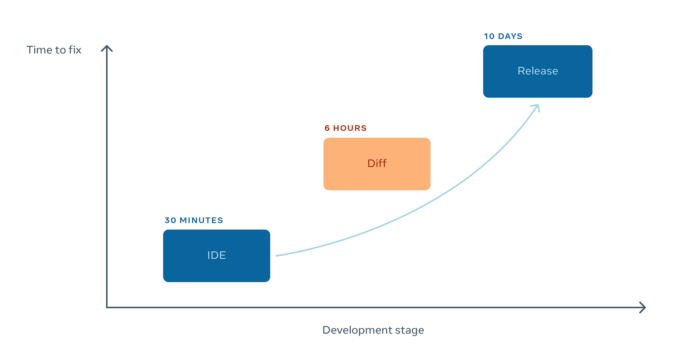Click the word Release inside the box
tap(537, 71)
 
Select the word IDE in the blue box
tap(216, 255)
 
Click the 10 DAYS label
tap(503, 36)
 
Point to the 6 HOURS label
tap(345, 128)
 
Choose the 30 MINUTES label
tap(194, 220)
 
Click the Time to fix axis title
tap(54, 50)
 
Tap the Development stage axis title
tap(373, 330)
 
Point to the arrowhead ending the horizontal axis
tap(643, 307)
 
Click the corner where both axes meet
tap(107, 307)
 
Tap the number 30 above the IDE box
tap(170, 220)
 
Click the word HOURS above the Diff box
tap(350, 128)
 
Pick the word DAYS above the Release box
tap(510, 36)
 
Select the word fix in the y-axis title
tap(75, 50)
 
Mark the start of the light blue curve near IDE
tap(277, 256)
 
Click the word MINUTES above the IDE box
tap(201, 220)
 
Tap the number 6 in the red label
tap(327, 128)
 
